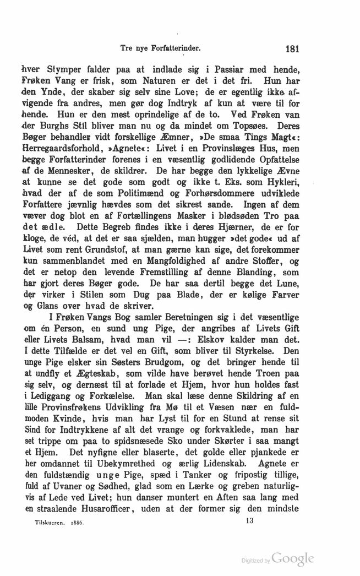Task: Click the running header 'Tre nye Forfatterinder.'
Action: pos(159,48)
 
